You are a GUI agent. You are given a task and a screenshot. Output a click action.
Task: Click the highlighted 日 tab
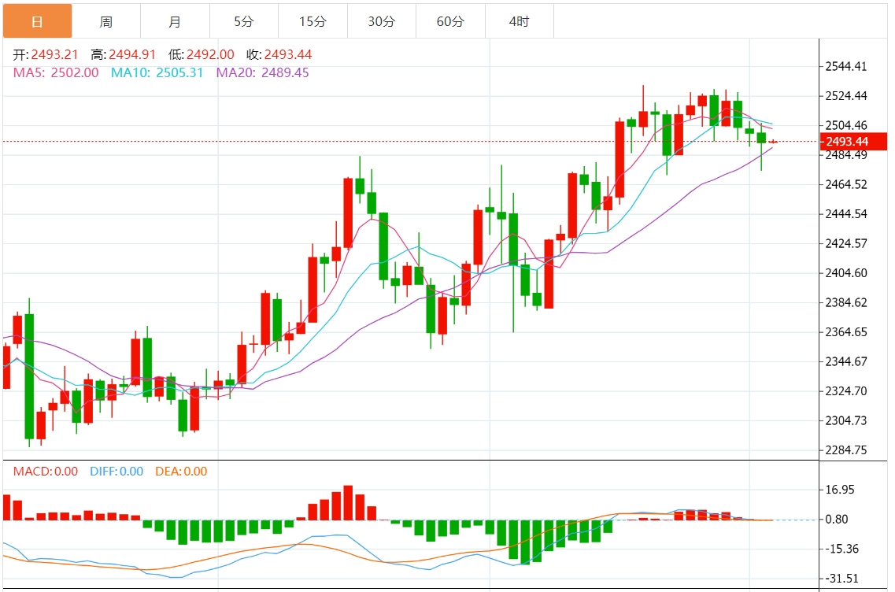37,21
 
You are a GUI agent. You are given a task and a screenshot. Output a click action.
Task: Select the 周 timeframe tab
106,21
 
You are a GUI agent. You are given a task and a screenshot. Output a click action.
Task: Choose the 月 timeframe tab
175,21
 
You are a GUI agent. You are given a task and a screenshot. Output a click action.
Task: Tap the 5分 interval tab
244,21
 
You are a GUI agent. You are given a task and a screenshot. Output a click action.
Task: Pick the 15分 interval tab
313,21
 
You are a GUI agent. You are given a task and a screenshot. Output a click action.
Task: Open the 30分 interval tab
382,21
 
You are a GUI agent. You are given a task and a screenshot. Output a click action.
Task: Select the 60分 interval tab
450,21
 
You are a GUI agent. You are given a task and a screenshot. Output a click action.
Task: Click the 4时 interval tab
520,21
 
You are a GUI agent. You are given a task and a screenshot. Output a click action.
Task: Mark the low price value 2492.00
210,55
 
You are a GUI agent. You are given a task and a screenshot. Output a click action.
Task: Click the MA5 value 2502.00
75,72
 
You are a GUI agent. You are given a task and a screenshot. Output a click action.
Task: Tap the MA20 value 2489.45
285,72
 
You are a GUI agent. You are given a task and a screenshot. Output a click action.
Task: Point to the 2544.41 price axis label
846,66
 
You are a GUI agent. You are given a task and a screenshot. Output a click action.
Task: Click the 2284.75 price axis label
846,450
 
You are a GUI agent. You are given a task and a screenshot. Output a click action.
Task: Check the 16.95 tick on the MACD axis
840,490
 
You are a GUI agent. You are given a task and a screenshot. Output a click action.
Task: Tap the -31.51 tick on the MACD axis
841,579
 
